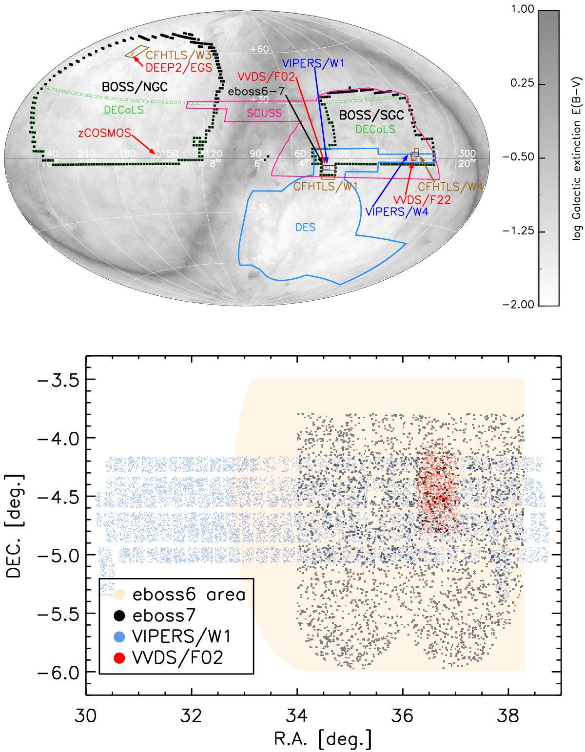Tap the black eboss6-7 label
coord(257,91)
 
